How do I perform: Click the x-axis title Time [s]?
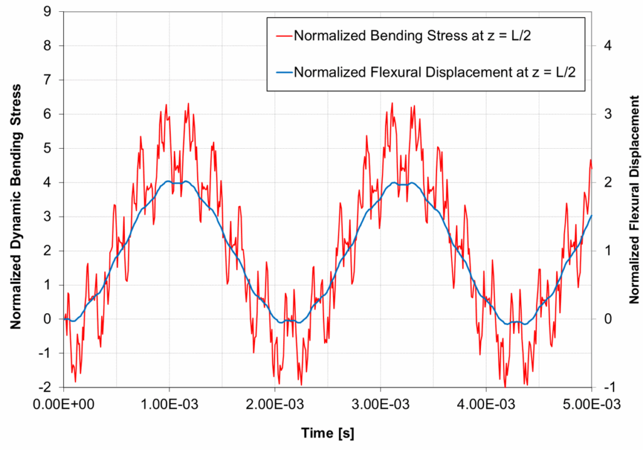[327, 433]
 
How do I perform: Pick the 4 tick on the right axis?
[607, 46]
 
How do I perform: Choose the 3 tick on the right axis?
[607, 114]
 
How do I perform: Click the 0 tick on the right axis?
[607, 319]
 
